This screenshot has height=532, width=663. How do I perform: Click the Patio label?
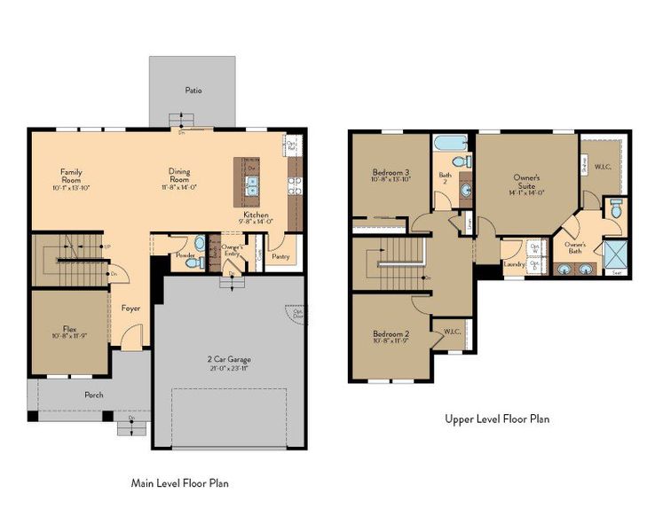[x=193, y=90]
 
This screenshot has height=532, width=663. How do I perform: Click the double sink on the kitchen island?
[x=252, y=185]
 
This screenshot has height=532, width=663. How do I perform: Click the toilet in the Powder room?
[x=199, y=243]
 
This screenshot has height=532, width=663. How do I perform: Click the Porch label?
[x=93, y=395]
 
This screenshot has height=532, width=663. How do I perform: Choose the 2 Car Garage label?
[x=230, y=359]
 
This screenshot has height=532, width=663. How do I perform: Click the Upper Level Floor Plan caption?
[x=496, y=419]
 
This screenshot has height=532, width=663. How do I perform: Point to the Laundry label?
[x=513, y=263]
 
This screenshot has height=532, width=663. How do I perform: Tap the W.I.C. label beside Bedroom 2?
[x=450, y=332]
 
